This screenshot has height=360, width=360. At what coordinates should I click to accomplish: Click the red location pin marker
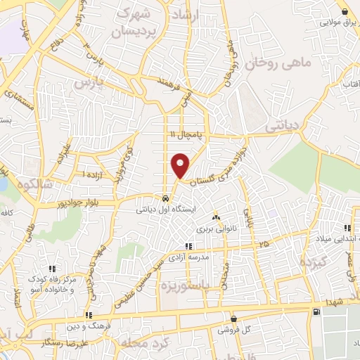click(x=181, y=165)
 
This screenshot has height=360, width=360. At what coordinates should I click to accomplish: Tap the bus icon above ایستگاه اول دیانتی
click(x=165, y=198)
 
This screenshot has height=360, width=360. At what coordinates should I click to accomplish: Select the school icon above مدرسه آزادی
click(x=188, y=246)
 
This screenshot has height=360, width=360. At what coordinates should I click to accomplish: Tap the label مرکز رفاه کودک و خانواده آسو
click(x=53, y=283)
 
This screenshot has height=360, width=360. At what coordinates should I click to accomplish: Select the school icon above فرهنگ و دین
click(x=89, y=316)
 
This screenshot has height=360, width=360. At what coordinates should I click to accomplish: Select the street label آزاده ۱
click(x=94, y=173)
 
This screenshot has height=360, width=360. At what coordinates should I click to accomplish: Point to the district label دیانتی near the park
click(x=283, y=125)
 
